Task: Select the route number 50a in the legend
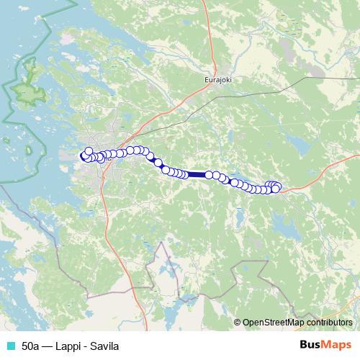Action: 31,346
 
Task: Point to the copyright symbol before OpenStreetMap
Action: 238,323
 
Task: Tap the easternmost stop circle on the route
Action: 276,188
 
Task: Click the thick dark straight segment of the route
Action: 197,174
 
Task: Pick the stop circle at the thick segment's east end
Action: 209,174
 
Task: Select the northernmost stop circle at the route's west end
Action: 89,150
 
